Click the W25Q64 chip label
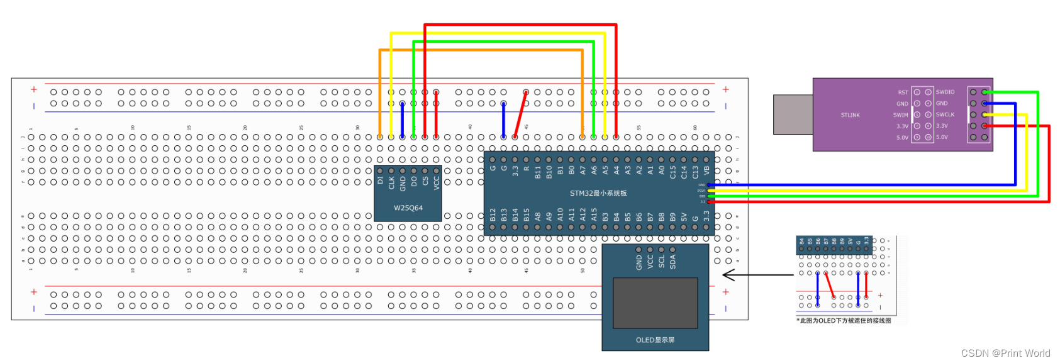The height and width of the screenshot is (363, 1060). click(x=408, y=208)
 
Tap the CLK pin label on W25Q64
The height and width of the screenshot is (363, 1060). click(x=391, y=182)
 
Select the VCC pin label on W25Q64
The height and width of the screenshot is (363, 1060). click(x=437, y=182)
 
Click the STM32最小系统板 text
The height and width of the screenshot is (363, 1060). click(x=598, y=193)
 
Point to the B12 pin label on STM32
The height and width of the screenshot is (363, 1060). click(x=493, y=215)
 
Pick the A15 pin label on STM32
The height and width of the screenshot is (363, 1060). click(x=594, y=215)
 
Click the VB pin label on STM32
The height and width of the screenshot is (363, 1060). click(x=706, y=170)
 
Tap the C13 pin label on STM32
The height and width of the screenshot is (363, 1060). click(x=695, y=171)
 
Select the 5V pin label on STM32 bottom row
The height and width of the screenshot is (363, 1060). click(x=684, y=216)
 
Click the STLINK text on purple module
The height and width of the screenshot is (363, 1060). click(x=850, y=115)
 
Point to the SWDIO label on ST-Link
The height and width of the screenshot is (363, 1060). click(x=945, y=92)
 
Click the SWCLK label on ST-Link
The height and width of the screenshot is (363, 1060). click(x=945, y=114)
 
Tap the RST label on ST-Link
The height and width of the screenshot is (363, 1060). click(x=903, y=92)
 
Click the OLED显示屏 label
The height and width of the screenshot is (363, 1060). click(x=655, y=340)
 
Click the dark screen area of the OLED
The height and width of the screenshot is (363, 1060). click(x=655, y=303)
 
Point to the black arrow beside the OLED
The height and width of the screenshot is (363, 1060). click(x=755, y=275)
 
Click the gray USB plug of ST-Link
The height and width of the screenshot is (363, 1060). click(x=793, y=114)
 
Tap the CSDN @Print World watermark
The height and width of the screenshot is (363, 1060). click(x=1005, y=353)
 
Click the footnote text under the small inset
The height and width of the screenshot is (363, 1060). click(x=844, y=320)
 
